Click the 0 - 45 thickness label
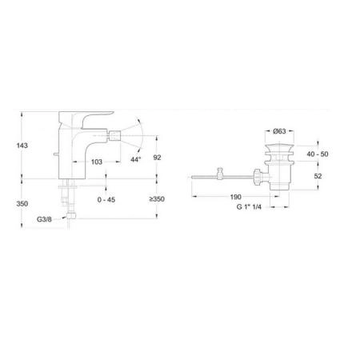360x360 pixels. pyautogui.click(x=106, y=200)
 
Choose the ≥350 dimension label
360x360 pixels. pyautogui.click(x=156, y=200)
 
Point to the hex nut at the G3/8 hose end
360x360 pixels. pyautogui.click(x=70, y=216)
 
